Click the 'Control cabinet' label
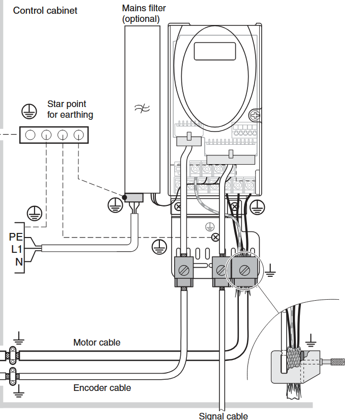[x=45, y=10]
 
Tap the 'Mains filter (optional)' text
[x=144, y=14]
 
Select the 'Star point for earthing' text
[x=70, y=110]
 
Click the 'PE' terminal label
[x=16, y=237]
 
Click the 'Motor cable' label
[x=97, y=343]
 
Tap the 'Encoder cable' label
[x=102, y=388]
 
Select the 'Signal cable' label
[x=223, y=416]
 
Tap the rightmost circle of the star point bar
[x=78, y=135]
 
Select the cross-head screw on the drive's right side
[x=255, y=116]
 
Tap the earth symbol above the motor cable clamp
[x=19, y=337]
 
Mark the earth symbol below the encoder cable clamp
[x=19, y=391]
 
